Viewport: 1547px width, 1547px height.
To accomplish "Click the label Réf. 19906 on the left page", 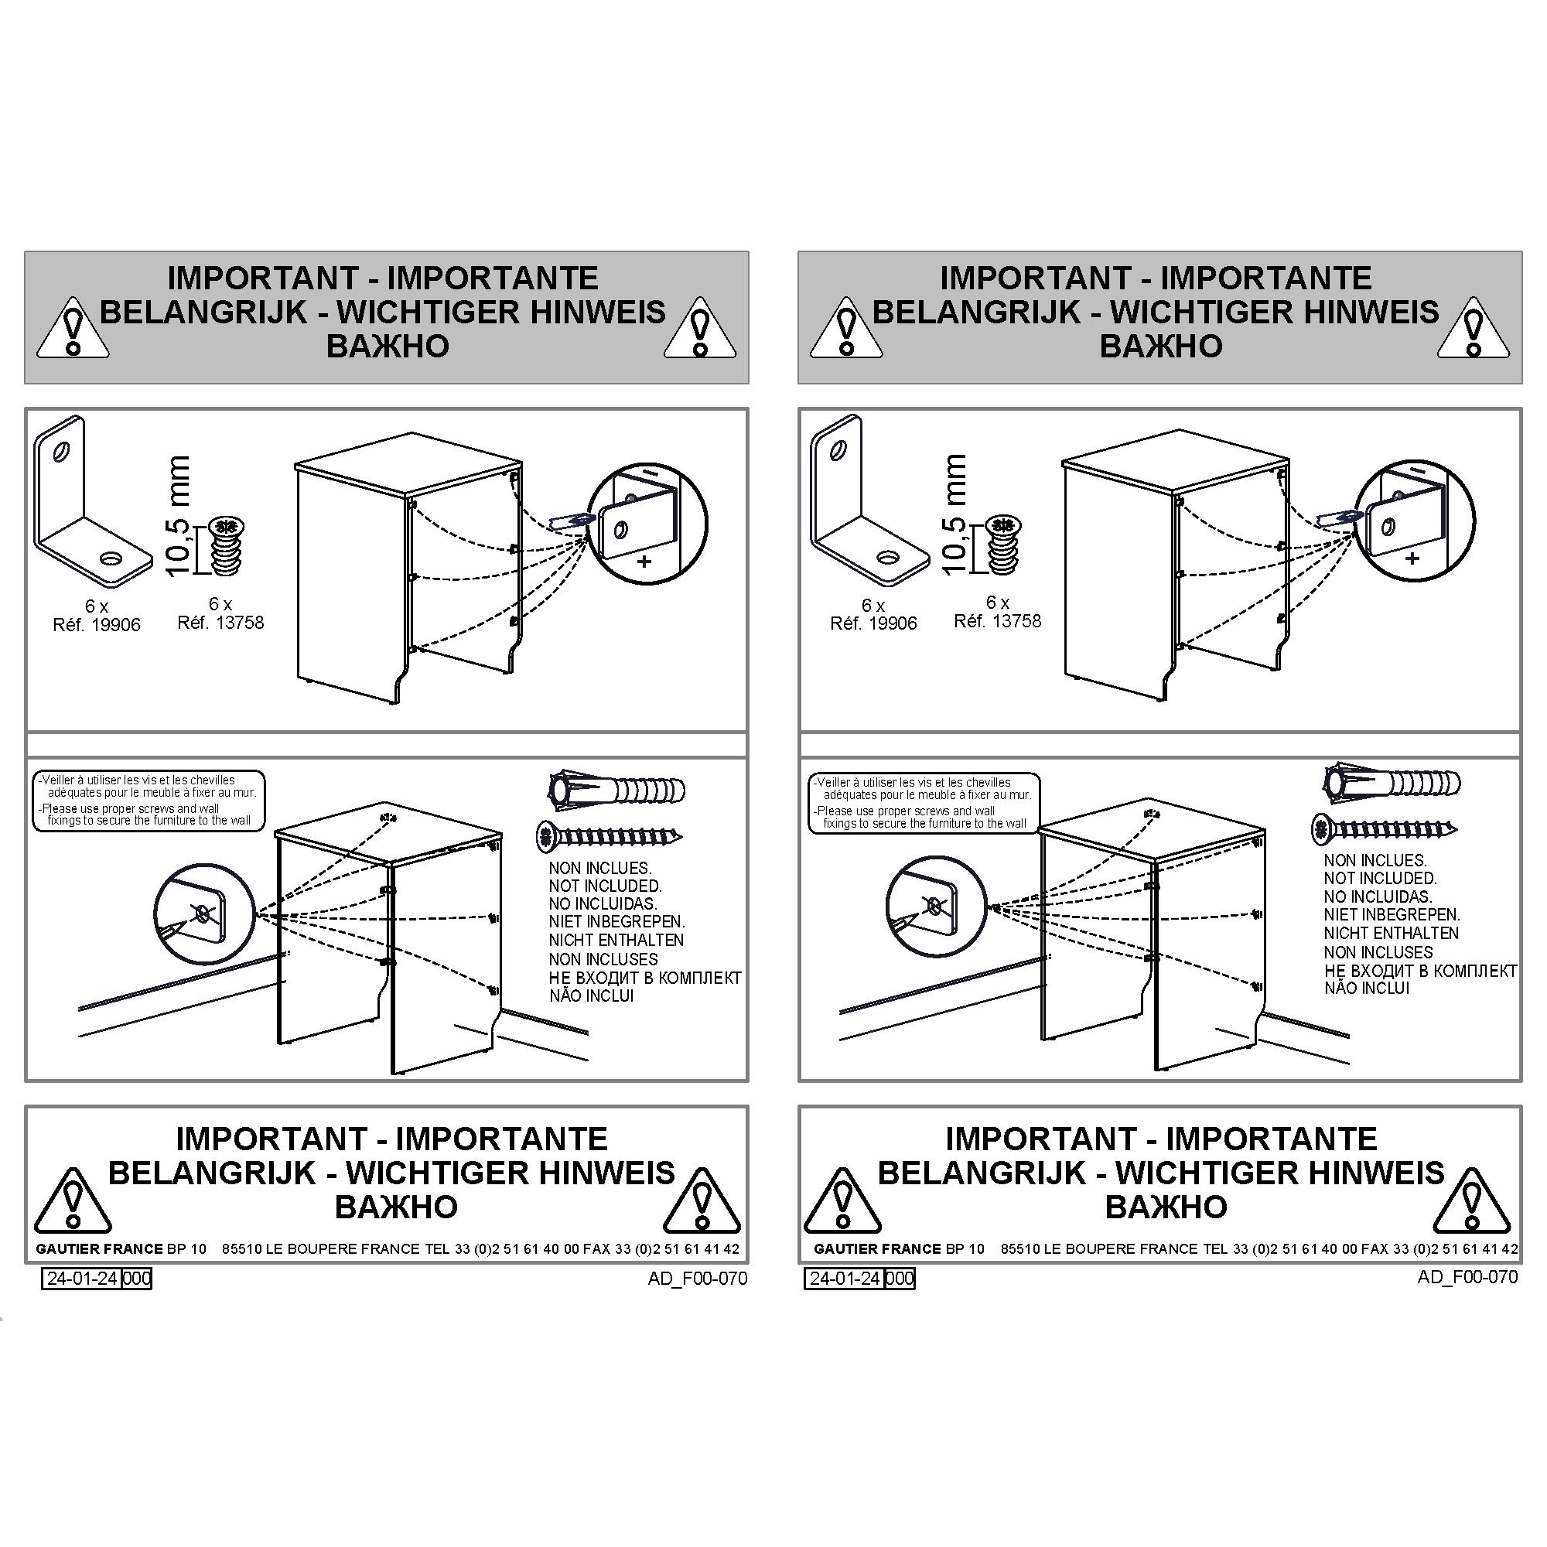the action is tap(96, 624).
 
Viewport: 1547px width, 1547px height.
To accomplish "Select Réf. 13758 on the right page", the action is tap(998, 620).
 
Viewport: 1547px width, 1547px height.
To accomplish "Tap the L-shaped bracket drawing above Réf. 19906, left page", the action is tap(92, 506).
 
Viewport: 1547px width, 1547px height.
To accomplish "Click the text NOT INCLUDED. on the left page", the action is tap(606, 886).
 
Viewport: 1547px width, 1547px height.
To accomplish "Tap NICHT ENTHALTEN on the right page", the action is tap(1391, 933).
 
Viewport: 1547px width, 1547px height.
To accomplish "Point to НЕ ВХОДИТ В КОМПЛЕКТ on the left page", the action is tap(645, 978).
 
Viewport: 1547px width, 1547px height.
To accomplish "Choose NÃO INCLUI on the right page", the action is tap(1367, 988).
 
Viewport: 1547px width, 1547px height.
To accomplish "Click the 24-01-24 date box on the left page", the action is tap(82, 1278).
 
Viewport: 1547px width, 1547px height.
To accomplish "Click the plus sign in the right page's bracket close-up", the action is tap(1412, 558).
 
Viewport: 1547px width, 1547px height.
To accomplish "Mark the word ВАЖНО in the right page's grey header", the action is tap(1161, 346).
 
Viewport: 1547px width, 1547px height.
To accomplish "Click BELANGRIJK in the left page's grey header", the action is tap(203, 312).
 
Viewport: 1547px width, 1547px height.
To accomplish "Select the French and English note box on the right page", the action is tap(925, 803).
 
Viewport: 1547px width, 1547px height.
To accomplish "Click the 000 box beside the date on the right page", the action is tap(900, 1278).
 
